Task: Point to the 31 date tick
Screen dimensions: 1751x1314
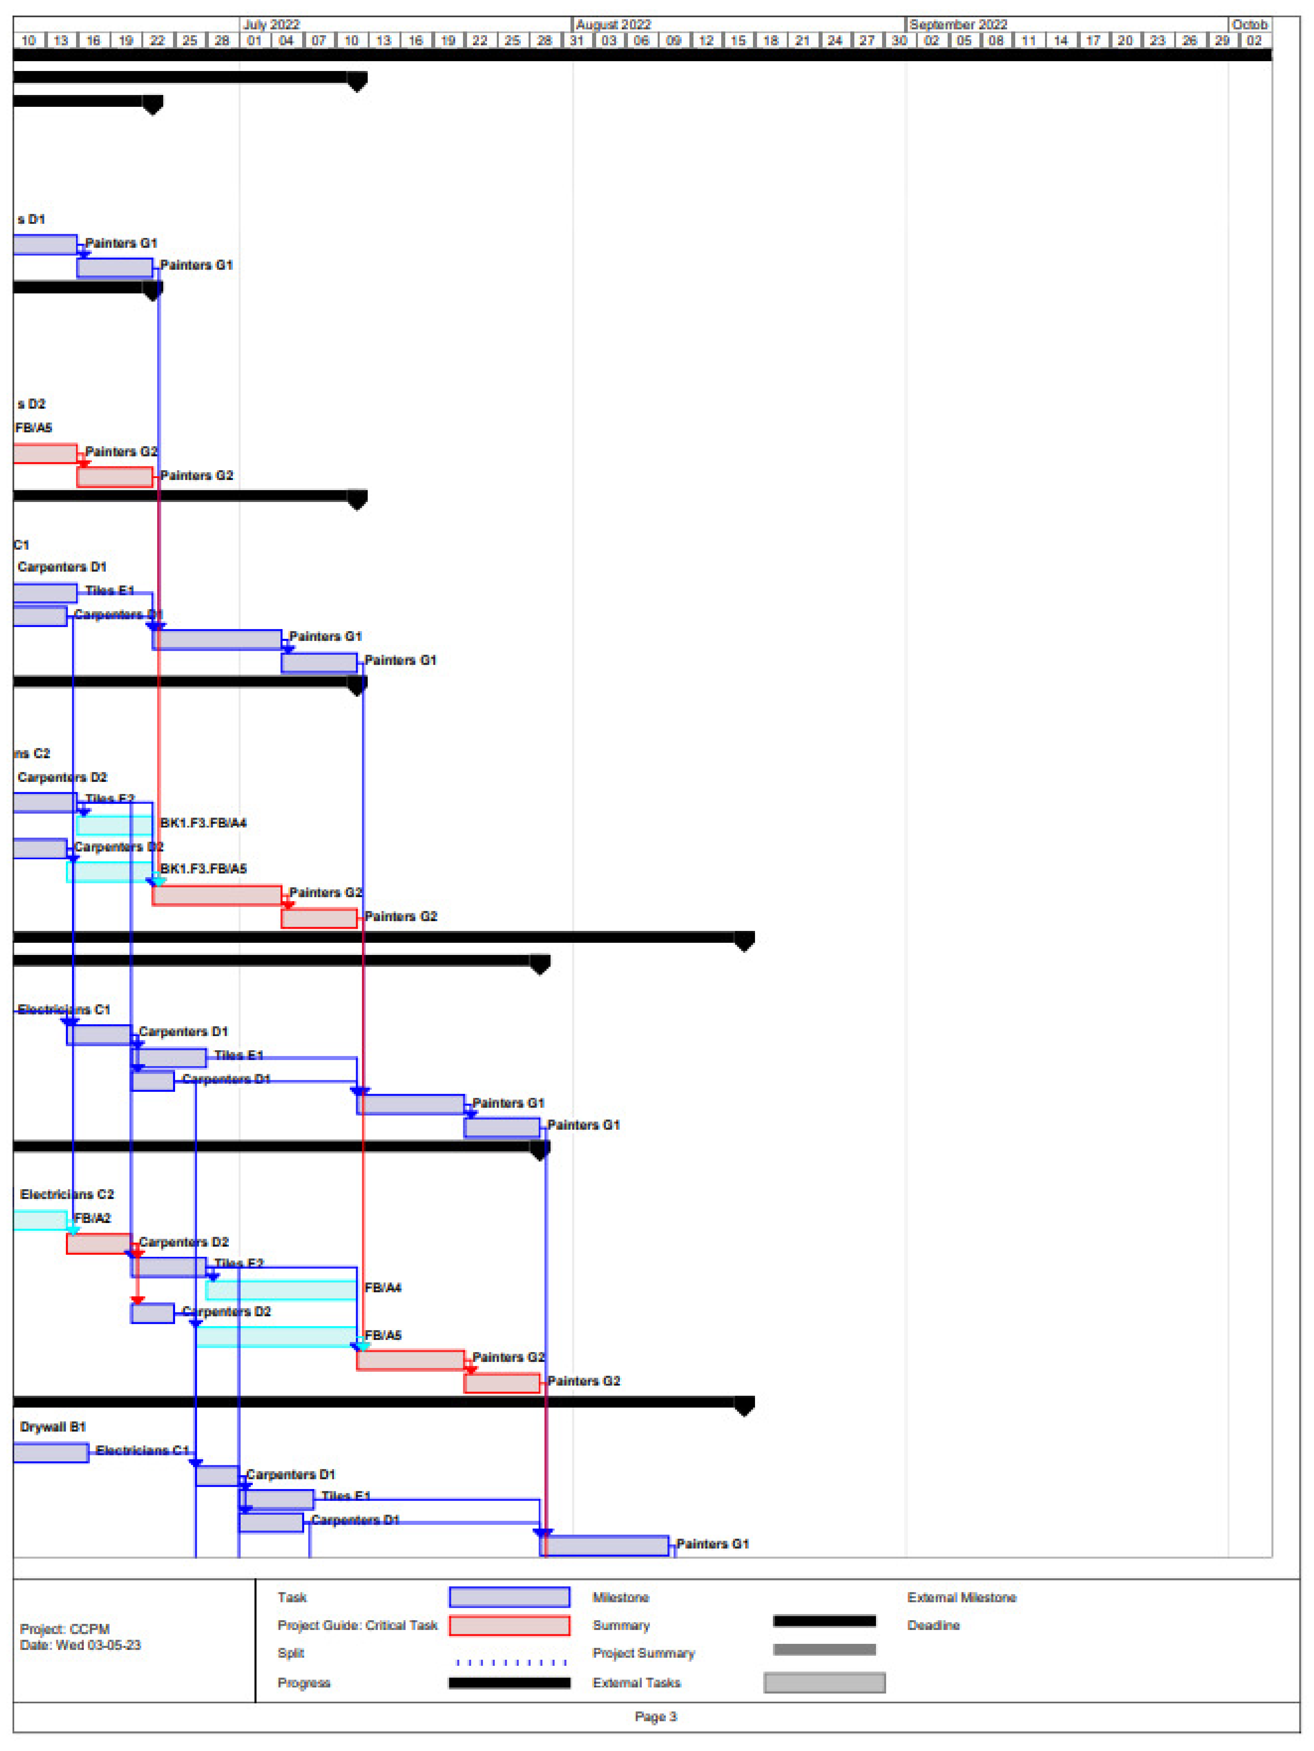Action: pyautogui.click(x=576, y=40)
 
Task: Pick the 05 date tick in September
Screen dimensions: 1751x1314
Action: pyautogui.click(x=963, y=40)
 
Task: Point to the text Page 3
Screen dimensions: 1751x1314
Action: pyautogui.click(x=655, y=1717)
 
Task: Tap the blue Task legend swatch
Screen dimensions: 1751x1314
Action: pyautogui.click(x=509, y=1598)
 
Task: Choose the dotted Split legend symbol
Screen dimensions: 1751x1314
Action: pyautogui.click(x=511, y=1662)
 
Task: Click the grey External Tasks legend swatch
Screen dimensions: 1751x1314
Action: pyautogui.click(x=824, y=1683)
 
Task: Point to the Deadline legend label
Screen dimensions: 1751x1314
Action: pyautogui.click(x=933, y=1625)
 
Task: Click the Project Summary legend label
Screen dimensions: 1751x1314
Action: pyautogui.click(x=643, y=1654)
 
